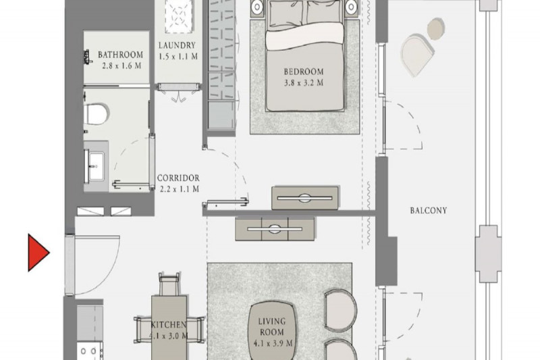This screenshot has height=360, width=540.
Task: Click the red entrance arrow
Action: [37, 253]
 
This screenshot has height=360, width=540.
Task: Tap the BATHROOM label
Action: [120, 55]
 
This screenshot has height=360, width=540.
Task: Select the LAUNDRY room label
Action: [177, 45]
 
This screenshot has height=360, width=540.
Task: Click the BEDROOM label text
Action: [303, 72]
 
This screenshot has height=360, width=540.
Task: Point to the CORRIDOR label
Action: [178, 178]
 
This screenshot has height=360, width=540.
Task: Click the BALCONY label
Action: [429, 211]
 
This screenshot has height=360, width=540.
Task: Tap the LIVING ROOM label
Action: [272, 327]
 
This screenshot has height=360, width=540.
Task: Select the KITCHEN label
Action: [169, 324]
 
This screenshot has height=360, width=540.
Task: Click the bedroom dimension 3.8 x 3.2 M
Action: [303, 83]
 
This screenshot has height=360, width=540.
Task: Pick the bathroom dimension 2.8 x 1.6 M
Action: [122, 66]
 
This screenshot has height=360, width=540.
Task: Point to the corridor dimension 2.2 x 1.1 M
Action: [180, 189]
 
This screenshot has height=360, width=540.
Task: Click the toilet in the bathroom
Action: [96, 114]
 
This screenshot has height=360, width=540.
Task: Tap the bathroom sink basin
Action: [96, 166]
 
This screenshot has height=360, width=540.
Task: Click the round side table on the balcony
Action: [436, 29]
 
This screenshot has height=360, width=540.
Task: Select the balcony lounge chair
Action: [416, 55]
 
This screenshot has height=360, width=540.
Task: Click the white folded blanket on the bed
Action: [304, 36]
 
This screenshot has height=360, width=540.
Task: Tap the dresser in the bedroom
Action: [305, 198]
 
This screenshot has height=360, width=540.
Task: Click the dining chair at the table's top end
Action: [169, 284]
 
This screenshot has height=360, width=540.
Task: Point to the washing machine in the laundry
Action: [179, 16]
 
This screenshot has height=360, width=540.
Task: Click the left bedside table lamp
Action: [257, 6]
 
